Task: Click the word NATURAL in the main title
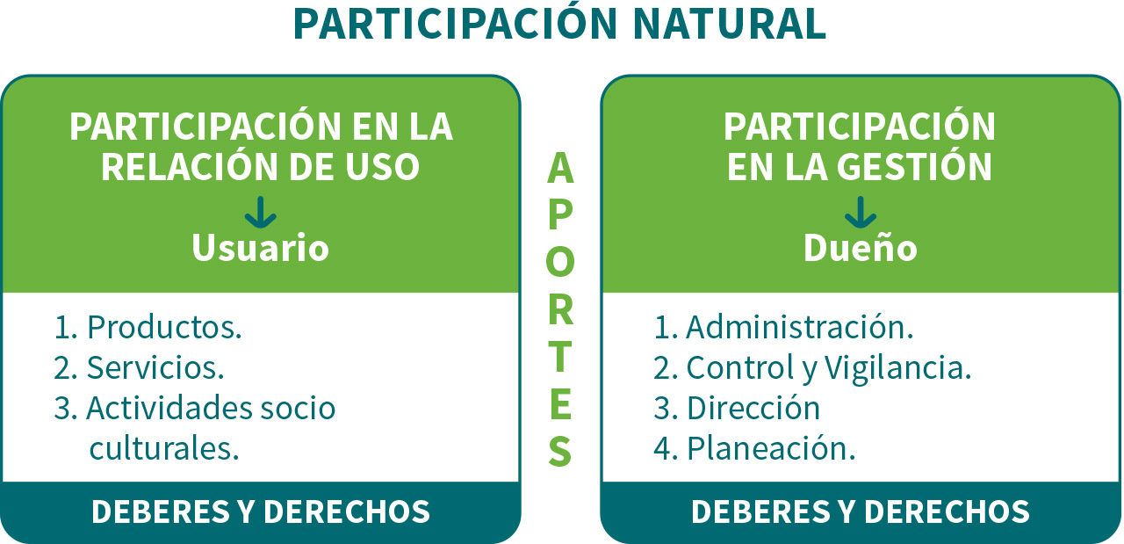[729, 24]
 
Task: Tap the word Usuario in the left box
[261, 248]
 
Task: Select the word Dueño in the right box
[860, 247]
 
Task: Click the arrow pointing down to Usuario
[261, 213]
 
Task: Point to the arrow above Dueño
[861, 213]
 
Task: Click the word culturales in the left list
[164, 448]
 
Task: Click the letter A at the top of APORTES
[560, 168]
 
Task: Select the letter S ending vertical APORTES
[560, 451]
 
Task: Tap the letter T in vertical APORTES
[560, 357]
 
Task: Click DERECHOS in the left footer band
[347, 511]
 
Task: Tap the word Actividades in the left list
[169, 408]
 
